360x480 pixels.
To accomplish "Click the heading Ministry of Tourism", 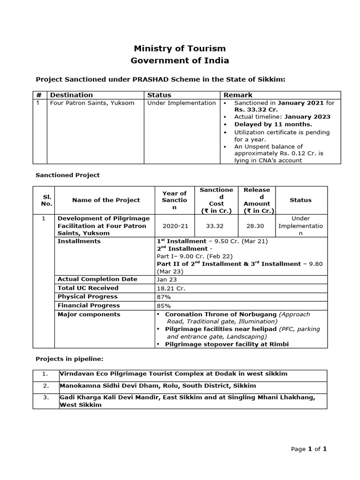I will [x=180, y=48].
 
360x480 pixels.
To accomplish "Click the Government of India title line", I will [x=180, y=60].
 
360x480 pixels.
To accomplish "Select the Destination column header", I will [x=71, y=95].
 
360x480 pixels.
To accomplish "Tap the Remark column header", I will [x=238, y=95].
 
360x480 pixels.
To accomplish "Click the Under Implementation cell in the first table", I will [x=181, y=103].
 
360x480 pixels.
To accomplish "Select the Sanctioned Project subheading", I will [x=67, y=175].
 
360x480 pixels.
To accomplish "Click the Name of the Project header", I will [x=106, y=200].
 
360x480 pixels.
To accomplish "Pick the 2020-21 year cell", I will [x=174, y=226].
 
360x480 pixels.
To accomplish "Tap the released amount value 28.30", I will [x=256, y=226].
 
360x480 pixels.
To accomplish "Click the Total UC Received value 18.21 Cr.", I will [x=171, y=288].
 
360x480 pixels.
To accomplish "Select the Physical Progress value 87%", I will [x=164, y=297].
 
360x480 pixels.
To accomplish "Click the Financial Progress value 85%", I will [x=164, y=306].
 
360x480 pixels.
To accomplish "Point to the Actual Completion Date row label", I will [x=97, y=279].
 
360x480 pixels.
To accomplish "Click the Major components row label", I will [x=89, y=315].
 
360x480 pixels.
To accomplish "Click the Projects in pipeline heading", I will [x=69, y=359].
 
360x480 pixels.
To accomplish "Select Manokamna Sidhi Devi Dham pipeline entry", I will [x=157, y=386].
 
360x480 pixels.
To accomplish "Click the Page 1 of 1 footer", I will [x=308, y=449].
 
